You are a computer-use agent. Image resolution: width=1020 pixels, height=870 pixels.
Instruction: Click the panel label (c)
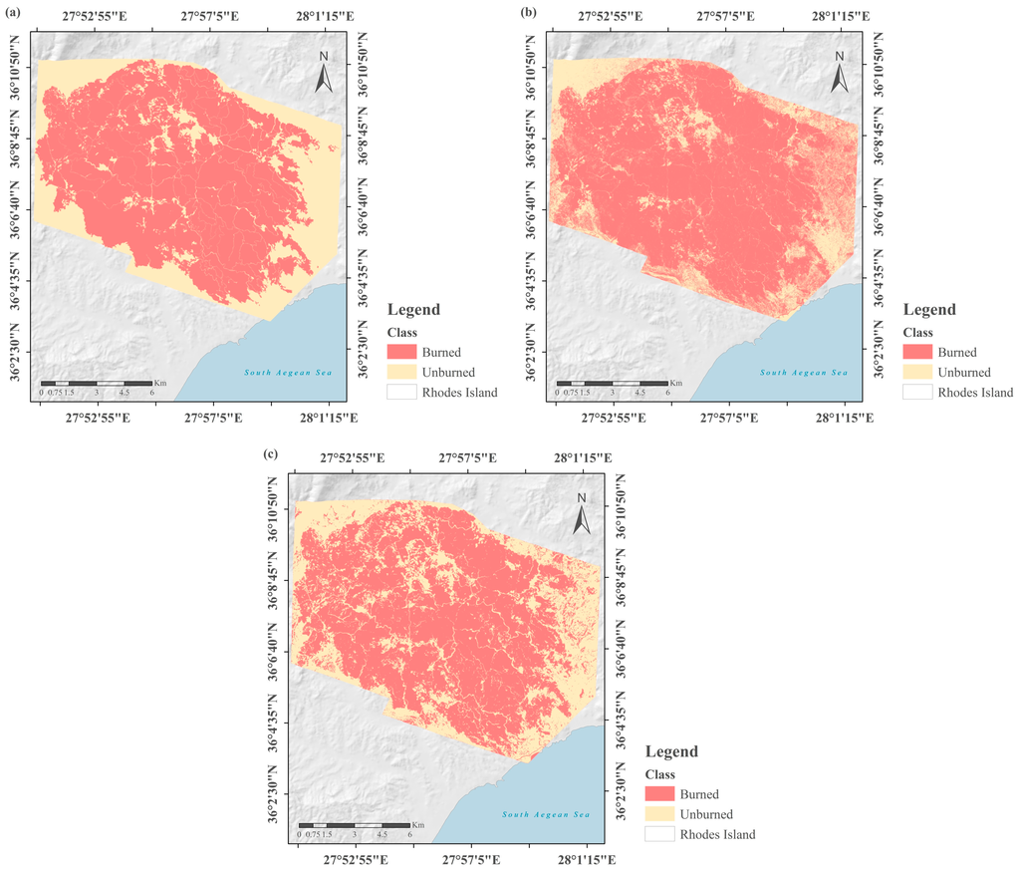click(269, 453)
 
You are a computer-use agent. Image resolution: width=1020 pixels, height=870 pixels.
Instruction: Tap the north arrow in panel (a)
click(324, 71)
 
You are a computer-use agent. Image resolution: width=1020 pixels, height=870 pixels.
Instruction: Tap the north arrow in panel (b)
click(840, 71)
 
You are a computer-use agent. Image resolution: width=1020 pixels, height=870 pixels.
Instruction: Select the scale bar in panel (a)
click(97, 384)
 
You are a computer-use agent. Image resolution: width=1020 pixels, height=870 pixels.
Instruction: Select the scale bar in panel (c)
click(355, 826)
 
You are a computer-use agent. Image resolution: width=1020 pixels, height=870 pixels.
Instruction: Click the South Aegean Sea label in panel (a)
click(288, 373)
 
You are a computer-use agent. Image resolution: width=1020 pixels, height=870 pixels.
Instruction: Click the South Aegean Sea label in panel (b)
click(804, 373)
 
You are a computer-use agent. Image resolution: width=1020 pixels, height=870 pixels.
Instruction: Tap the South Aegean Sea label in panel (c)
click(546, 815)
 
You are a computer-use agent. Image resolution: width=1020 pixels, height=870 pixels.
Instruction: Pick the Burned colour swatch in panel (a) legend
click(405, 352)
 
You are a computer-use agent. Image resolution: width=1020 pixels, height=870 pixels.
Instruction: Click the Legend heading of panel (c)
click(671, 751)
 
